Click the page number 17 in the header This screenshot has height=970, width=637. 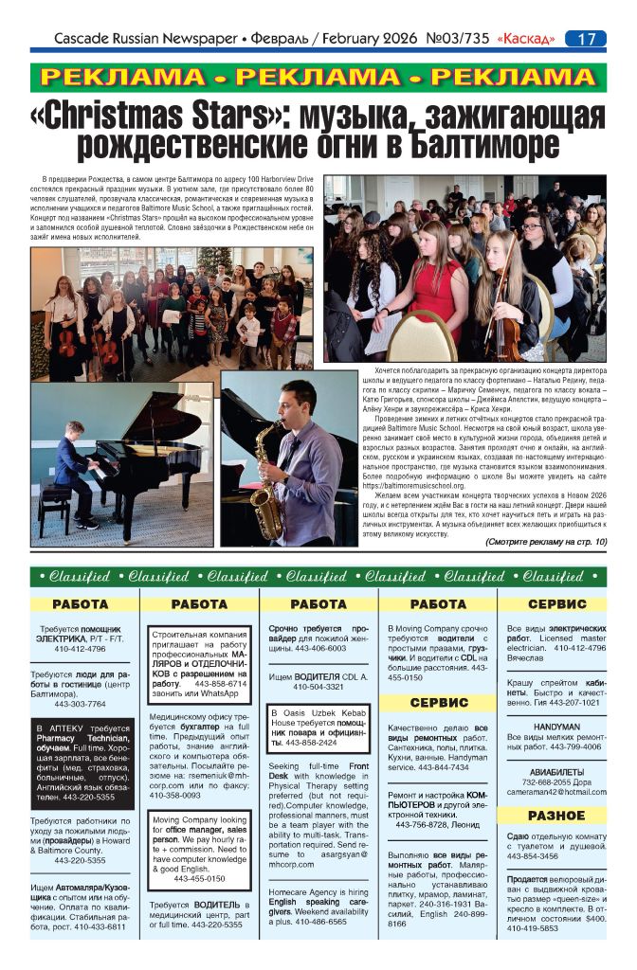click(586, 39)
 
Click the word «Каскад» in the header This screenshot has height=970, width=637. click(523, 39)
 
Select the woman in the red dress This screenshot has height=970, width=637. click(439, 275)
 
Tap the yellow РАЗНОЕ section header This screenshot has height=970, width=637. click(555, 815)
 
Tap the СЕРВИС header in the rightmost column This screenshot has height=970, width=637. click(556, 603)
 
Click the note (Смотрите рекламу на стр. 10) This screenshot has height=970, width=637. click(533, 542)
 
